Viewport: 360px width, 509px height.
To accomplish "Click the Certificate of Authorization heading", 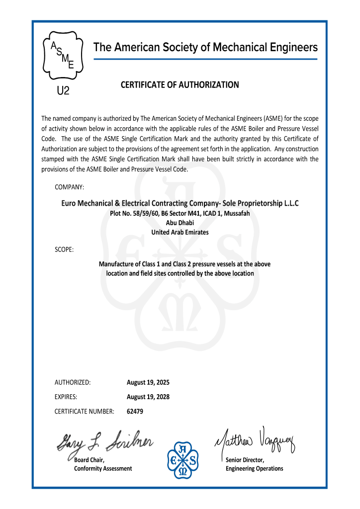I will pos(180,85).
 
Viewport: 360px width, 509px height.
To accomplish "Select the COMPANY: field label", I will pos(69,187).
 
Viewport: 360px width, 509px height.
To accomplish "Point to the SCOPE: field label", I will pos(64,249).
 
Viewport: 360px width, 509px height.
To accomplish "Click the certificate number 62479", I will pos(135,412).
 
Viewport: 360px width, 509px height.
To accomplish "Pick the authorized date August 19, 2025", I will pos(148,383).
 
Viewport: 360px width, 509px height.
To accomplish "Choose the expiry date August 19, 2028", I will pos(148,397).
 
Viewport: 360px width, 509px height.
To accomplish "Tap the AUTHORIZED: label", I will pos(72,383).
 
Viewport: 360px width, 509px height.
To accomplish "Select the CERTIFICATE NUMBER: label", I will pos(85,412).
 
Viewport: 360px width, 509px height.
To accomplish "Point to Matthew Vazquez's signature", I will pos(255,439).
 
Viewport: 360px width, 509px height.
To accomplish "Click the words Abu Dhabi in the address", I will pos(180,223).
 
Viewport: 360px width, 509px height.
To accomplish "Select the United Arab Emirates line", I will pos(180,232).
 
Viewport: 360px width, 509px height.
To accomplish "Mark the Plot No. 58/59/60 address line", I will pos(180,213).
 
